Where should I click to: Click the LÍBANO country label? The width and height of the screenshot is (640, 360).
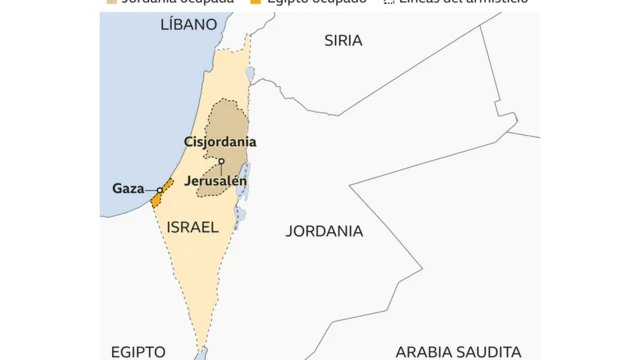pyautogui.click(x=188, y=23)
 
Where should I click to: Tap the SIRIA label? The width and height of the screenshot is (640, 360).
pyautogui.click(x=343, y=40)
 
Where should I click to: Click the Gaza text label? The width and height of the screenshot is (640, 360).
pyautogui.click(x=128, y=188)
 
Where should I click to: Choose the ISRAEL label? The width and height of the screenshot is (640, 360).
pyautogui.click(x=193, y=227)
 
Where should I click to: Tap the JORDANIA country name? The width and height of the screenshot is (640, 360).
pyautogui.click(x=324, y=231)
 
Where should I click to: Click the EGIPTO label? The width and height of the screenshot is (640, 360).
pyautogui.click(x=137, y=352)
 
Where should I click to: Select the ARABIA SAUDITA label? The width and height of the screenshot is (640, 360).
pyautogui.click(x=458, y=352)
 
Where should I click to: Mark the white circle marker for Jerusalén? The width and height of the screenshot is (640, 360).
pyautogui.click(x=221, y=162)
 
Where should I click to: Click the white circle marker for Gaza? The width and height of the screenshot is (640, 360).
pyautogui.click(x=159, y=189)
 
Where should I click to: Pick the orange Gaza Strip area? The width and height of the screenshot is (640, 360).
pyautogui.click(x=159, y=196)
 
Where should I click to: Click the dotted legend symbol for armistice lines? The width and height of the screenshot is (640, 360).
pyautogui.click(x=389, y=1)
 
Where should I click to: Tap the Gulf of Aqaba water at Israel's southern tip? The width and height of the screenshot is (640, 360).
pyautogui.click(x=201, y=354)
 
